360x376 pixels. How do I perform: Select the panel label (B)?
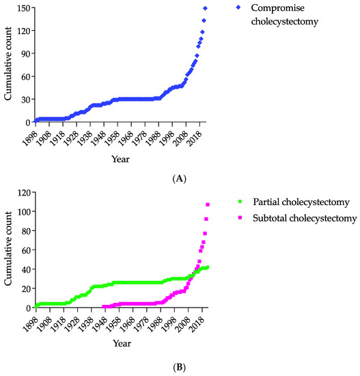point(180,366)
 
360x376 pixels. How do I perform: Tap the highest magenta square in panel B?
point(208,204)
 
